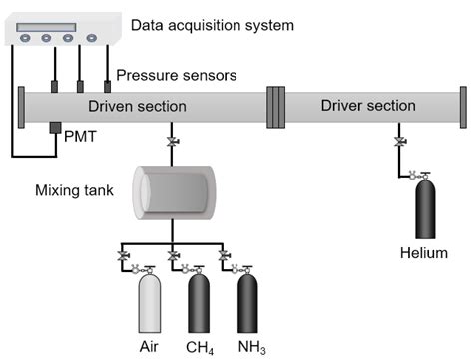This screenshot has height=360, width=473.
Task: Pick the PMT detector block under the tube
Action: pos(55,131)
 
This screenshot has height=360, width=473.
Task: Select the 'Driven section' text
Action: pos(135,106)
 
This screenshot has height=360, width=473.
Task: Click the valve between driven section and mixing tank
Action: pos(173,143)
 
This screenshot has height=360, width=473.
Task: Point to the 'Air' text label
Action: pos(149,348)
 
